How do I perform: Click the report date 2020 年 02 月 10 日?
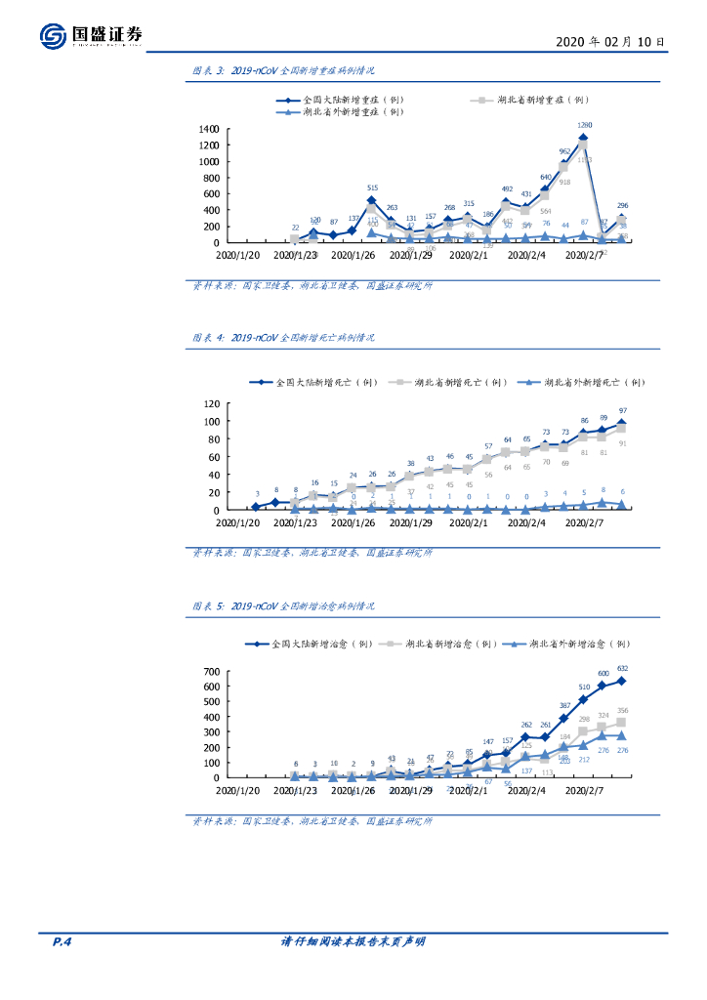(x=610, y=42)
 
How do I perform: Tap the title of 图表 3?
(x=283, y=71)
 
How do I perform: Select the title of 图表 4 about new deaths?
(x=283, y=337)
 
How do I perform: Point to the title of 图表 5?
(x=283, y=606)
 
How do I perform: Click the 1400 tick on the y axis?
(x=207, y=129)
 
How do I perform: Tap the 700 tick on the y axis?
(x=211, y=672)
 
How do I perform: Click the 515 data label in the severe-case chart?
(x=372, y=187)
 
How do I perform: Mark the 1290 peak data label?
(x=585, y=125)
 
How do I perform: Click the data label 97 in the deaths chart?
(x=622, y=411)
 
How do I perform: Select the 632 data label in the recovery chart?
(x=621, y=669)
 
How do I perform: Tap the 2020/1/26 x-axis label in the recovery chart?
(x=354, y=792)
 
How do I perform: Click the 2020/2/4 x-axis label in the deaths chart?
(x=528, y=523)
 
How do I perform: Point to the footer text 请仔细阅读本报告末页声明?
(x=353, y=941)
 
